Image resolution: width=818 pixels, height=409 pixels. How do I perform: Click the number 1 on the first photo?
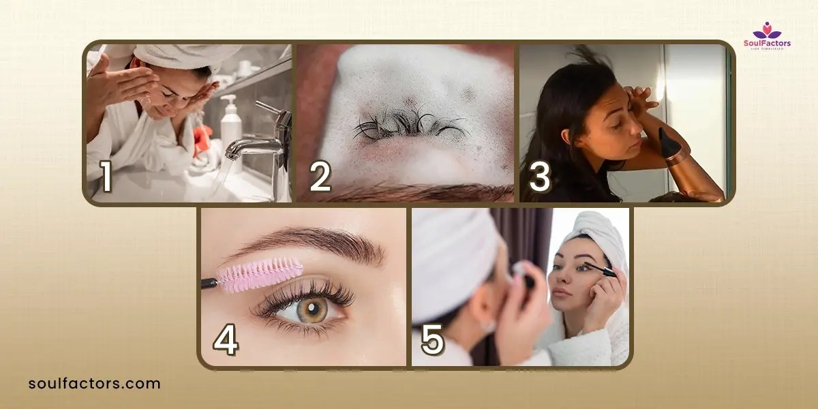click(x=106, y=177)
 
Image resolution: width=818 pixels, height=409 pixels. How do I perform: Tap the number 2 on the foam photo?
click(x=320, y=177)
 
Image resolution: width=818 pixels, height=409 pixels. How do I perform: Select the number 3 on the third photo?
click(x=539, y=177)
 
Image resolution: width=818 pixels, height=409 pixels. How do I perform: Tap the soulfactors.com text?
click(x=95, y=383)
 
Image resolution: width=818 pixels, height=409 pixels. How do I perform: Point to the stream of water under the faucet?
click(x=235, y=177)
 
